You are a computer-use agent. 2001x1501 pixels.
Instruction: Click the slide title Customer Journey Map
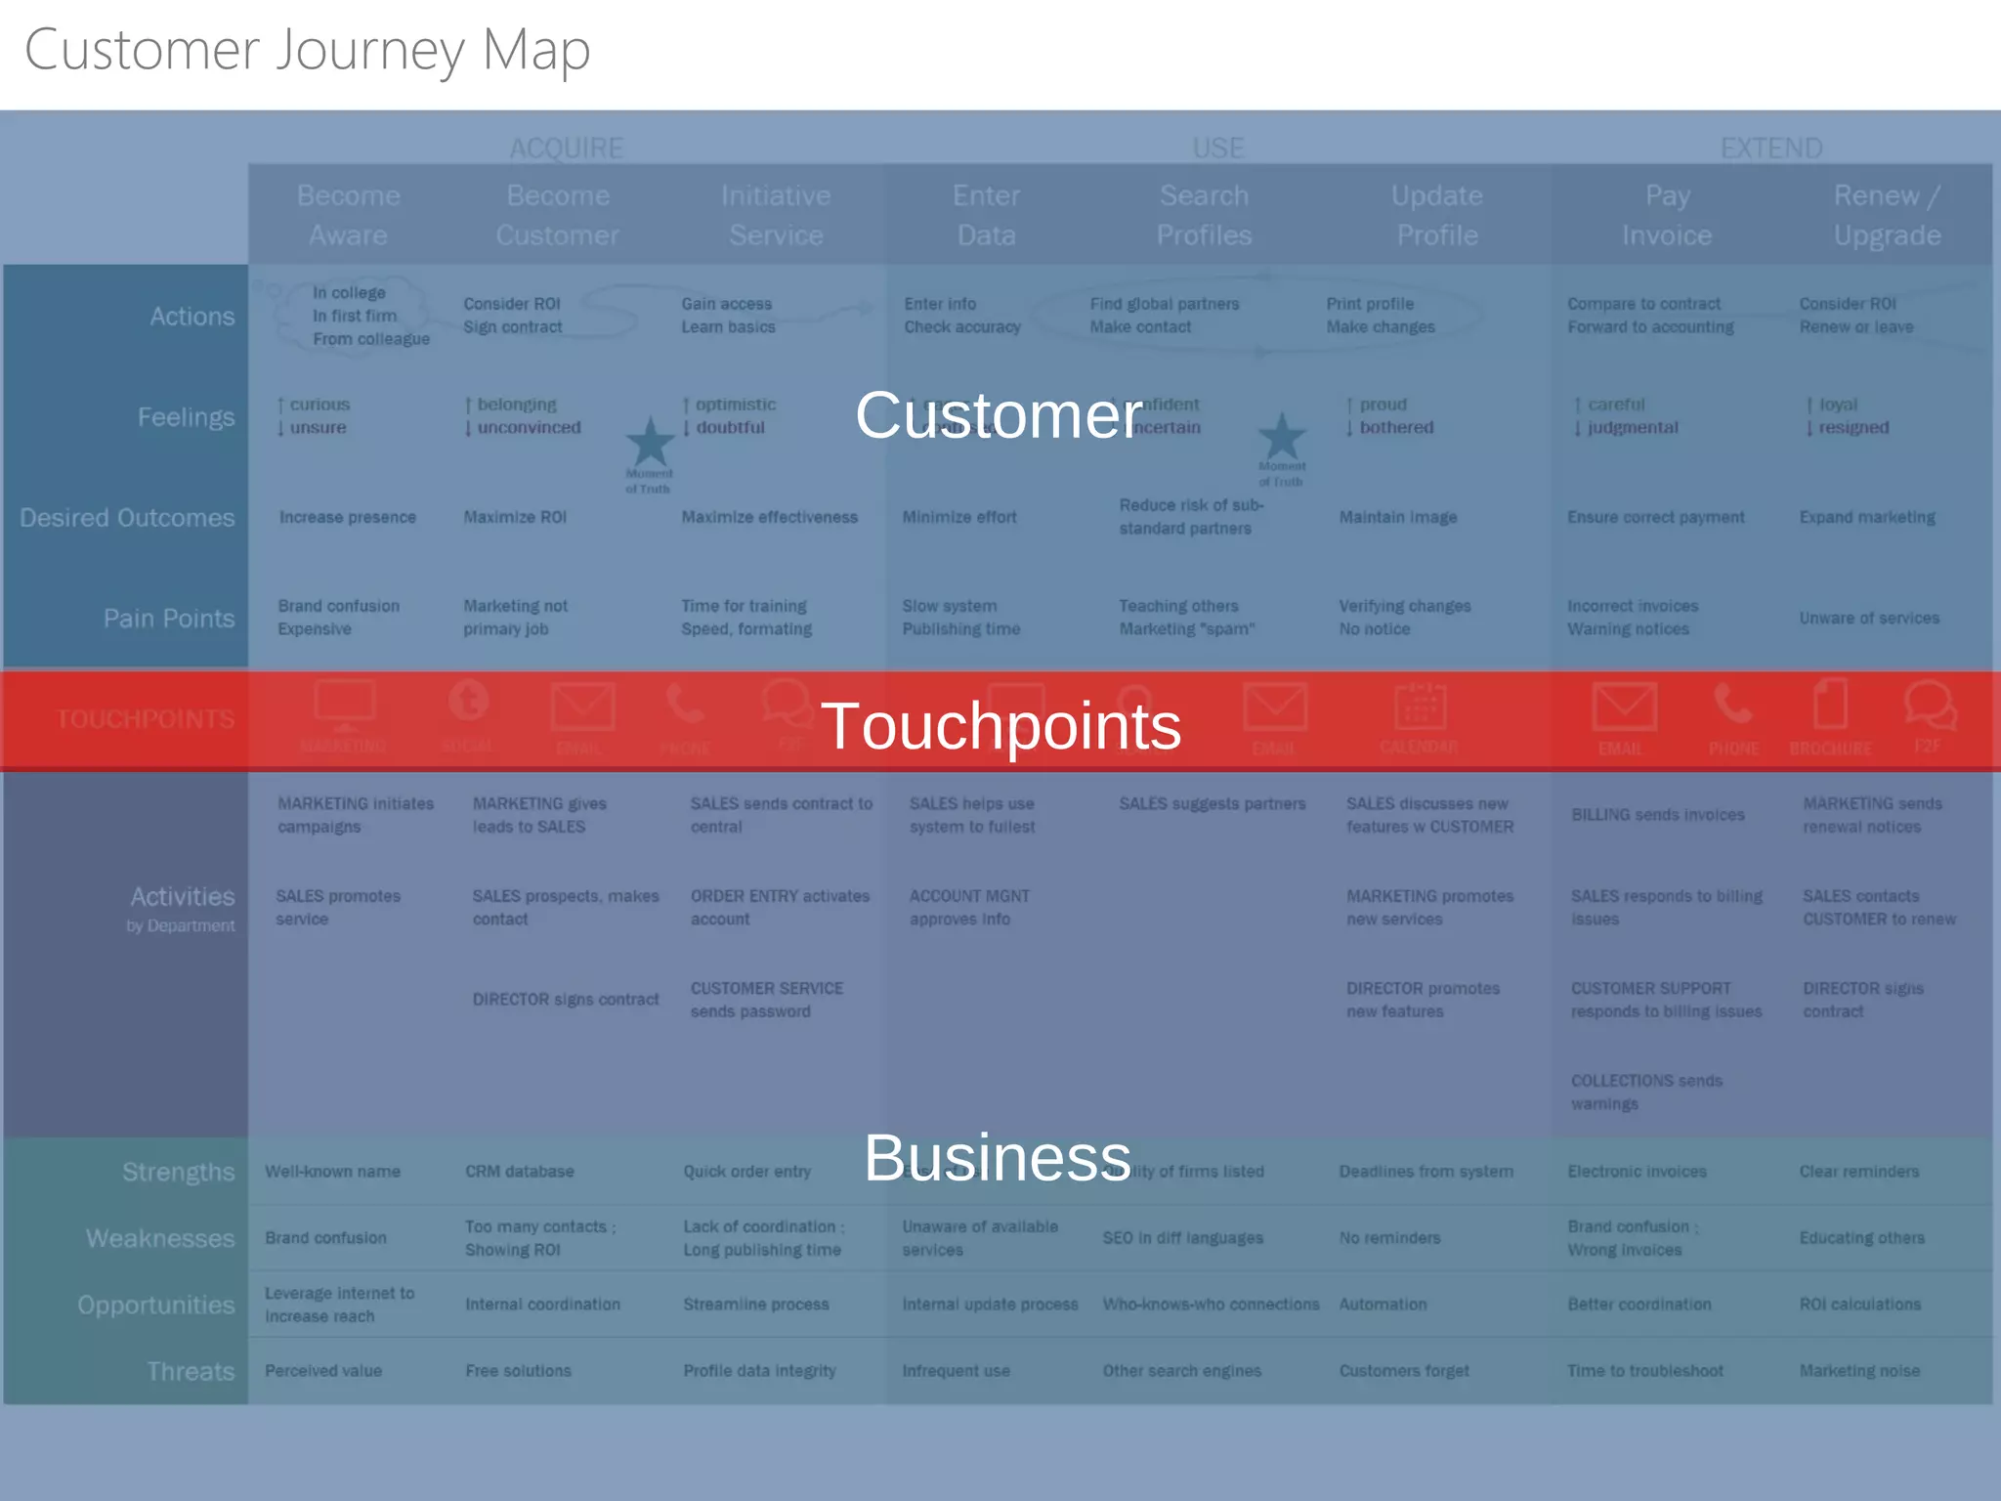pyautogui.click(x=307, y=51)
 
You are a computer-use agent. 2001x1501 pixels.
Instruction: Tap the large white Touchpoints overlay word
pyautogui.click(x=1000, y=726)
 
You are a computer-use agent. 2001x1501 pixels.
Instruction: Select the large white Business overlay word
pyautogui.click(x=997, y=1158)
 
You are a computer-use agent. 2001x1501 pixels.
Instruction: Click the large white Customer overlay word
pyautogui.click(x=999, y=415)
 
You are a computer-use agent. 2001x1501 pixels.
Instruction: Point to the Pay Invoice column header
pyautogui.click(x=1667, y=215)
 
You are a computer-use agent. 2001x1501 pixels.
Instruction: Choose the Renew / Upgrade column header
pyautogui.click(x=1887, y=215)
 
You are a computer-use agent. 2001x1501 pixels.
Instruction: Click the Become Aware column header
pyautogui.click(x=349, y=215)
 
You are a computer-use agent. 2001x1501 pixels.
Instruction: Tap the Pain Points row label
pyautogui.click(x=169, y=619)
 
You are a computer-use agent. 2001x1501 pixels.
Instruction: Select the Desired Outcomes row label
pyautogui.click(x=127, y=518)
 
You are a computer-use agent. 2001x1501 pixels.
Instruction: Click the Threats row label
pyautogui.click(x=191, y=1371)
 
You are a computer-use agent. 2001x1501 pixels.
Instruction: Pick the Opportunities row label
pyautogui.click(x=156, y=1305)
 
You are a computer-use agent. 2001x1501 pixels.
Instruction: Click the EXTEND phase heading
pyautogui.click(x=1771, y=149)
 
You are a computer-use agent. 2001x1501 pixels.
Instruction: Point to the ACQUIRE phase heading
pyautogui.click(x=567, y=149)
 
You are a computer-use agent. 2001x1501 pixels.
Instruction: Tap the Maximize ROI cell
pyautogui.click(x=515, y=517)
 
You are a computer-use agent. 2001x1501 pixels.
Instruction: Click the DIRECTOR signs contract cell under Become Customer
pyautogui.click(x=566, y=1000)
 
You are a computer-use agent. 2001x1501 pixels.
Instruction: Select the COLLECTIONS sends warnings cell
pyautogui.click(x=1646, y=1093)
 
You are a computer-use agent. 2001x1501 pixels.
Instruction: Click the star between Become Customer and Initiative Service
pyautogui.click(x=650, y=442)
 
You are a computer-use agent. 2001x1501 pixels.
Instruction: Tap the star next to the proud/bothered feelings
pyautogui.click(x=1282, y=436)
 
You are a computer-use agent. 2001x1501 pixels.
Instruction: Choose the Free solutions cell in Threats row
pyautogui.click(x=518, y=1371)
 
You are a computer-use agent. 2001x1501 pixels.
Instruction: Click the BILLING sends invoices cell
pyautogui.click(x=1657, y=815)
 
